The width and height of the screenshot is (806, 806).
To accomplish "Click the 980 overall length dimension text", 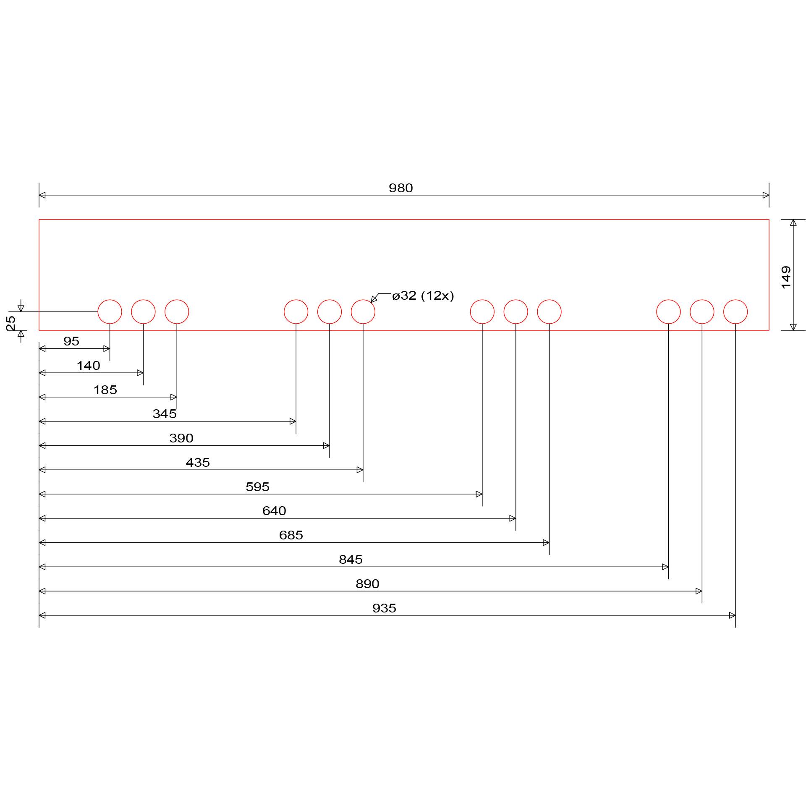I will pyautogui.click(x=400, y=188).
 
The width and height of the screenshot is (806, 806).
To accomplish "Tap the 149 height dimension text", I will pyautogui.click(x=786, y=277).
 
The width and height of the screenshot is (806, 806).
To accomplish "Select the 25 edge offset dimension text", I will pyautogui.click(x=11, y=323).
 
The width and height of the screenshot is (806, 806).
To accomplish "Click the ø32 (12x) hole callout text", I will pyautogui.click(x=423, y=296).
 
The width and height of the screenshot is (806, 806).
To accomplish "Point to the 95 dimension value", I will pyautogui.click(x=71, y=341).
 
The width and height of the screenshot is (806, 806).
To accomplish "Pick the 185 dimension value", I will pyautogui.click(x=105, y=390).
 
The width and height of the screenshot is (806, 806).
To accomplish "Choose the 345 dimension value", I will pyautogui.click(x=165, y=414).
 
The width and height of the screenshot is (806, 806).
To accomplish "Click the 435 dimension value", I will pyautogui.click(x=198, y=463).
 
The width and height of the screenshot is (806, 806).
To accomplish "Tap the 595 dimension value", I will pyautogui.click(x=257, y=487).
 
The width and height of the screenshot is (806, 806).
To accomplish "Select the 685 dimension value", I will pyautogui.click(x=291, y=535).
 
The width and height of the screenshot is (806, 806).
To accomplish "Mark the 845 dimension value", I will pyautogui.click(x=351, y=560).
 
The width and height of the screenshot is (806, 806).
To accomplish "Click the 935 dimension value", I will pyautogui.click(x=384, y=608).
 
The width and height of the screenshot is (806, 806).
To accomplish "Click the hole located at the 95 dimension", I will pyautogui.click(x=110, y=312).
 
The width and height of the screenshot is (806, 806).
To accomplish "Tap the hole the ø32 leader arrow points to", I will pyautogui.click(x=363, y=312).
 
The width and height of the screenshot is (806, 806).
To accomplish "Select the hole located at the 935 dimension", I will pyautogui.click(x=735, y=312).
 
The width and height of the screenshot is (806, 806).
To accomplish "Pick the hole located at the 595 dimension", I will pyautogui.click(x=482, y=312).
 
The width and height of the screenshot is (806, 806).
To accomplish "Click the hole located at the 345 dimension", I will pyautogui.click(x=296, y=312).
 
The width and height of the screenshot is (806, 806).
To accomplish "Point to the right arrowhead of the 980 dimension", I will pyautogui.click(x=766, y=195).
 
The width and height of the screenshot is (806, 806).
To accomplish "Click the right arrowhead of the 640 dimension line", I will pyautogui.click(x=513, y=518).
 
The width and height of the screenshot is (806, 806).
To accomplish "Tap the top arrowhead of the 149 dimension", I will pyautogui.click(x=793, y=222).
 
